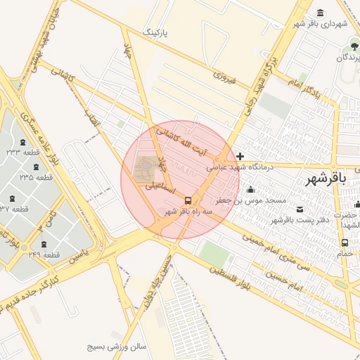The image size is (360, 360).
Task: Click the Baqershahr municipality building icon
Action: pos(321,13)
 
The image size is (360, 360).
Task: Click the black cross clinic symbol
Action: pos(240,156)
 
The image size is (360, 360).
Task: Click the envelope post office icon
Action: pos(301,209)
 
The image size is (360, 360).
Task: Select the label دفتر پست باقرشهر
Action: pos(296,220)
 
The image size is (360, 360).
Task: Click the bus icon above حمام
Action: pos(345,243)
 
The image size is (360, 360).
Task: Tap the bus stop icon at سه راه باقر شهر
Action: pos(188,200)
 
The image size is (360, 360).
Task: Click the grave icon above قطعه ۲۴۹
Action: pos(45,244)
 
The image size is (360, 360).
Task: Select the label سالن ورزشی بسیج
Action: pos(116,347)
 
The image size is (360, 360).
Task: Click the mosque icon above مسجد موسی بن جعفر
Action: pos(251,189)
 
